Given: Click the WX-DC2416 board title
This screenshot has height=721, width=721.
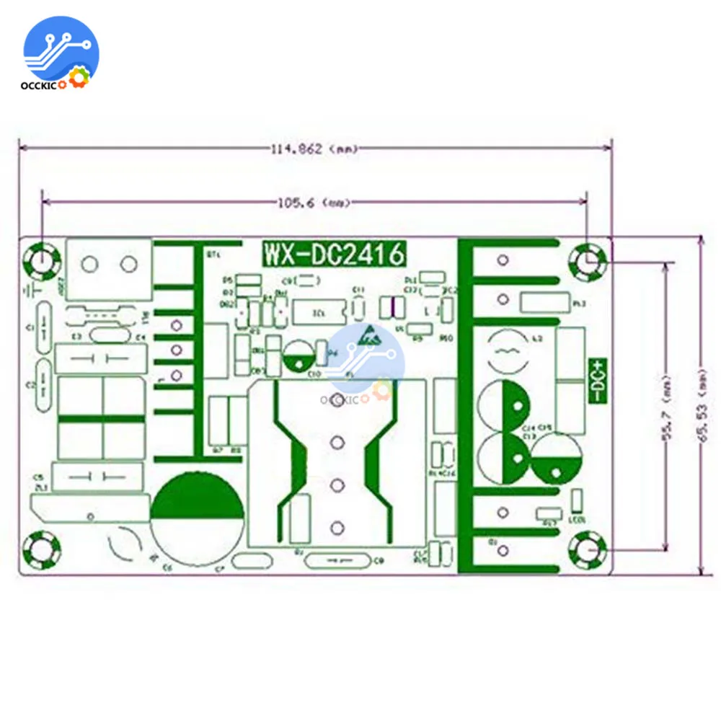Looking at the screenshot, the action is tap(333, 254).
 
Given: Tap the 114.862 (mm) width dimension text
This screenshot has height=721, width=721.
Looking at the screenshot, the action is tap(314, 149).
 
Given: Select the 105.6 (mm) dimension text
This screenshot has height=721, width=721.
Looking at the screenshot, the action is tap(314, 203).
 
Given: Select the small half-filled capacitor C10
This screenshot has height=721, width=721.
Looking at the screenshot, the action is tap(297, 357).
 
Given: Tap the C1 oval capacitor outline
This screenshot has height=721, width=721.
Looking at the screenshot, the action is tap(42, 326).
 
